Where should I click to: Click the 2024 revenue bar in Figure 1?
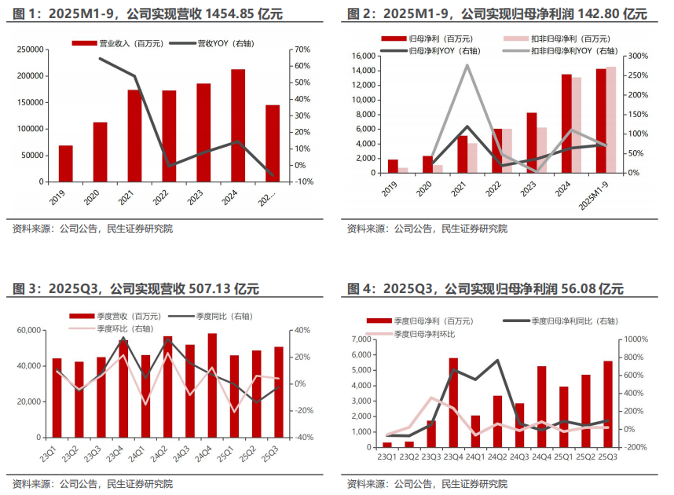[237, 126]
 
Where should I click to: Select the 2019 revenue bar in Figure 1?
[65, 163]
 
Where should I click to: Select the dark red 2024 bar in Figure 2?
[566, 123]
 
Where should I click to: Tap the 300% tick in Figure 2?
[637, 57]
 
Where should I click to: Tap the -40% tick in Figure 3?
[306, 438]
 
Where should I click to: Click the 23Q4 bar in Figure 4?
[453, 402]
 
